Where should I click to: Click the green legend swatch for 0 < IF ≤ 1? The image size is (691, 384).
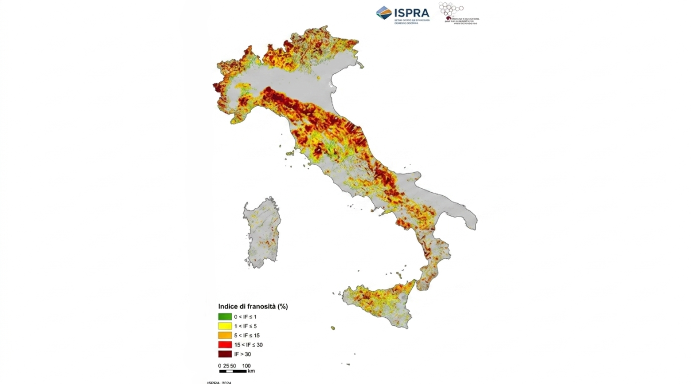[x=225, y=317]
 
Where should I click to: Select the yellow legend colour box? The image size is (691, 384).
[x=225, y=326]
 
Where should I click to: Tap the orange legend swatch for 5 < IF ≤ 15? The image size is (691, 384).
[x=225, y=335]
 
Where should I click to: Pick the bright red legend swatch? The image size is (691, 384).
[x=225, y=344]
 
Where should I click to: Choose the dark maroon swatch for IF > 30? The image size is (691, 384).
[x=225, y=354]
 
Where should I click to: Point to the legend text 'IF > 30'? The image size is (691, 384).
[x=242, y=354]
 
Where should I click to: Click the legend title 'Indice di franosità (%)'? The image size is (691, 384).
[x=252, y=306]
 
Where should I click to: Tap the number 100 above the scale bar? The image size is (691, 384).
[x=246, y=366]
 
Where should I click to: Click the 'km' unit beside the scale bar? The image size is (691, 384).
[x=251, y=371]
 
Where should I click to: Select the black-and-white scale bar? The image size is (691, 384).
[x=233, y=371]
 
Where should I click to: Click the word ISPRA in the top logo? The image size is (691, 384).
[x=412, y=12]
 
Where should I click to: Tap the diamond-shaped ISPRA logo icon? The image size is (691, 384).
[x=384, y=13]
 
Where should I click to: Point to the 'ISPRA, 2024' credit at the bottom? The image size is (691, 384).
[x=219, y=382]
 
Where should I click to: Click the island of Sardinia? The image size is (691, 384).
[x=262, y=233]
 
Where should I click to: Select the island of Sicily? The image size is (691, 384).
[x=380, y=302]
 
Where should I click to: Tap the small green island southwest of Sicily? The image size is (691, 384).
[x=333, y=328]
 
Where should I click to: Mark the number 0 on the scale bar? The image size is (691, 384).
[x=219, y=366]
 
